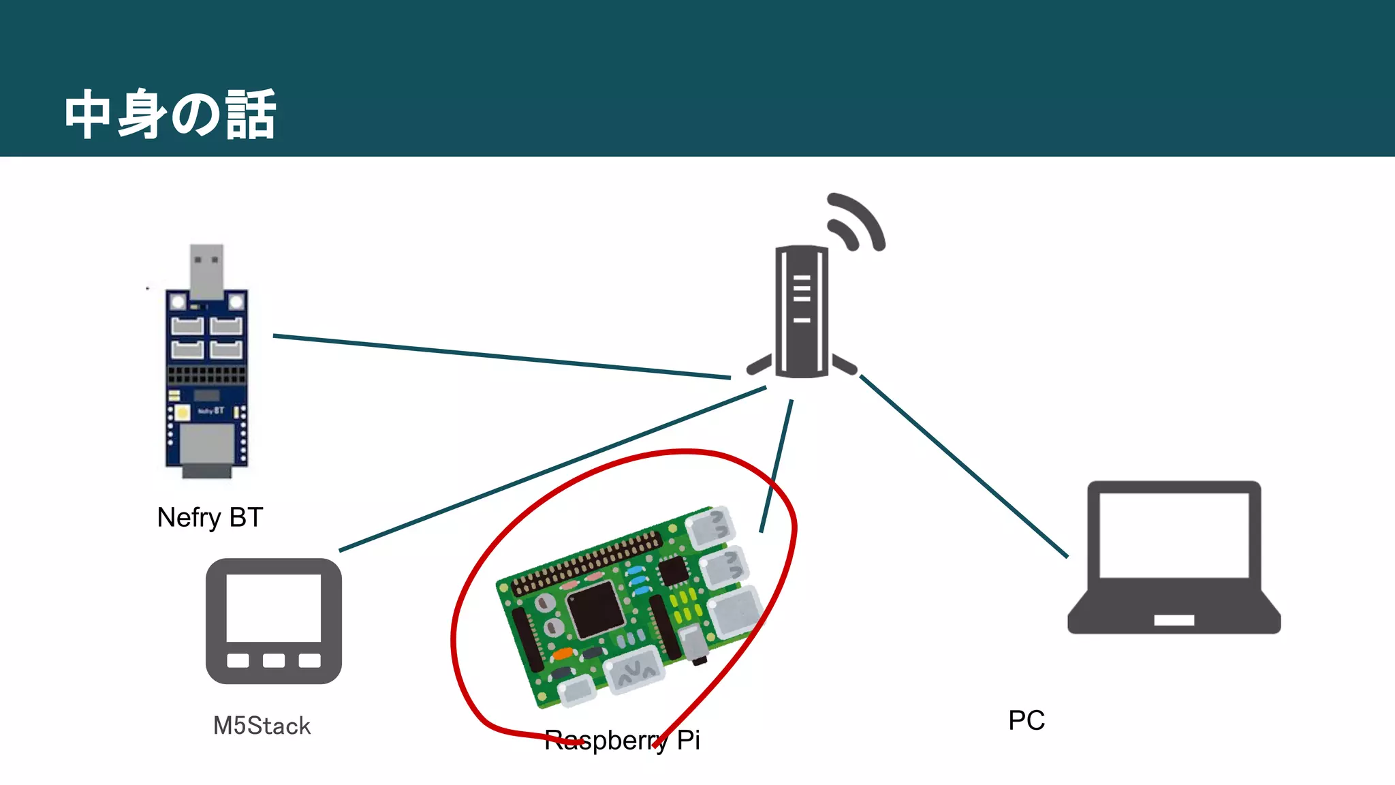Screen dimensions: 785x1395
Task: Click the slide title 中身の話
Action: click(170, 114)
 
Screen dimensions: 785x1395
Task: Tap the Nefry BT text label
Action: click(210, 518)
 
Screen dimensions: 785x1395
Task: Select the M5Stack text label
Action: click(262, 726)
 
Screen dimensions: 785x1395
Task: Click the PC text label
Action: click(1026, 720)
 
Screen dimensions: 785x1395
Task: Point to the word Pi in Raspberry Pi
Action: click(688, 740)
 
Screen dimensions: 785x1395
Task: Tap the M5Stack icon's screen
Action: click(273, 607)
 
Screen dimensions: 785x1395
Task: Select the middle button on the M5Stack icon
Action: click(273, 660)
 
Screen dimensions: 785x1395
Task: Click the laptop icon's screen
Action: click(1174, 534)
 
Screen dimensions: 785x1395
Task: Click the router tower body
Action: click(802, 311)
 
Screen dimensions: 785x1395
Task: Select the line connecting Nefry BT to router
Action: click(501, 356)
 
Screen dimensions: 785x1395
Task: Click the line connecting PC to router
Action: click(963, 466)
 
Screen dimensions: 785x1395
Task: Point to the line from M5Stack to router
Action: click(552, 470)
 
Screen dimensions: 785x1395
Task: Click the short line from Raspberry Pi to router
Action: click(777, 465)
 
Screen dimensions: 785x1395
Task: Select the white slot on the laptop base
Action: click(1174, 620)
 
